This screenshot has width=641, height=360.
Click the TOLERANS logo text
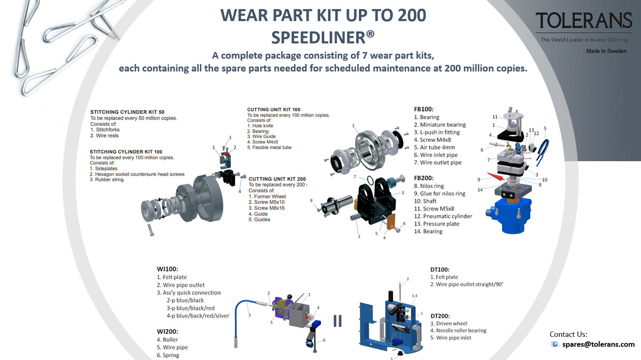pos(584,21)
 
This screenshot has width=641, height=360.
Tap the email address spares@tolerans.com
pos(598,344)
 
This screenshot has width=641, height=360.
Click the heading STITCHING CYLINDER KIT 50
pos(127,112)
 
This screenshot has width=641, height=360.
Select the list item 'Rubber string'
pos(107,179)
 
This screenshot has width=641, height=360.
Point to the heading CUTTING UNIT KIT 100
pos(273,110)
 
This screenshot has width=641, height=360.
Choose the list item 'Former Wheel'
pos(267,196)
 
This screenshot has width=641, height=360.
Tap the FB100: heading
pos(423,109)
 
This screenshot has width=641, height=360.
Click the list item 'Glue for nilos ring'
pos(439,193)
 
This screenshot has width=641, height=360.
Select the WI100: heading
pos(167,269)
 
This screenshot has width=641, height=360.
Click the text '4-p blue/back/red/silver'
pos(198,316)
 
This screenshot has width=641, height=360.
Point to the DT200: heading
pos(440,316)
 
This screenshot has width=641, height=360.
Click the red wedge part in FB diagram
pos(495,176)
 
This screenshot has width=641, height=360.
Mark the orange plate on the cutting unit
pos(391,222)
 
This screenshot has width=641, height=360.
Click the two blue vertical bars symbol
pos(337,321)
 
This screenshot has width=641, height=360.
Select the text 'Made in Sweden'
pos(606,51)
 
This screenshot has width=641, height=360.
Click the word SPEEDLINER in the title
pos(318,38)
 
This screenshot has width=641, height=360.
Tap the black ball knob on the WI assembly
pos(290,296)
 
